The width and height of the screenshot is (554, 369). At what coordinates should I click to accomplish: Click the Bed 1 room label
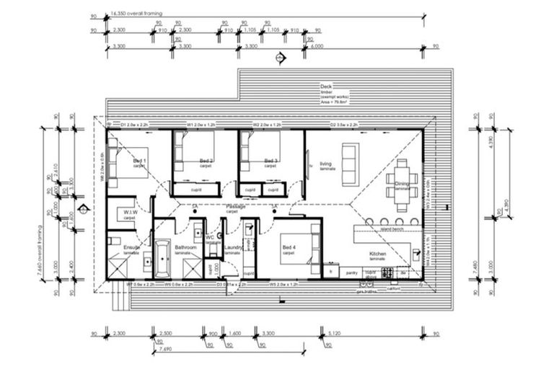139,161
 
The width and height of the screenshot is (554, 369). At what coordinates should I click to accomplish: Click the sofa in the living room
350,164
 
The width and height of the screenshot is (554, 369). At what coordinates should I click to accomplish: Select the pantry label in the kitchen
352,273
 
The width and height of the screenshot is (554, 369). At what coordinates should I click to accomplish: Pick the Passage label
236,208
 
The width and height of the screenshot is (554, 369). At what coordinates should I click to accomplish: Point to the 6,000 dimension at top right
317,46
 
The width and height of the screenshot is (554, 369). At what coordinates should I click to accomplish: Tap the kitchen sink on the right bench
416,254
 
